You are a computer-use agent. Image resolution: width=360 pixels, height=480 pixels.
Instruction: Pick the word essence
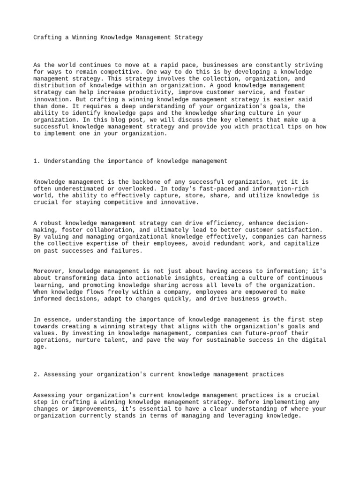[55, 320]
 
